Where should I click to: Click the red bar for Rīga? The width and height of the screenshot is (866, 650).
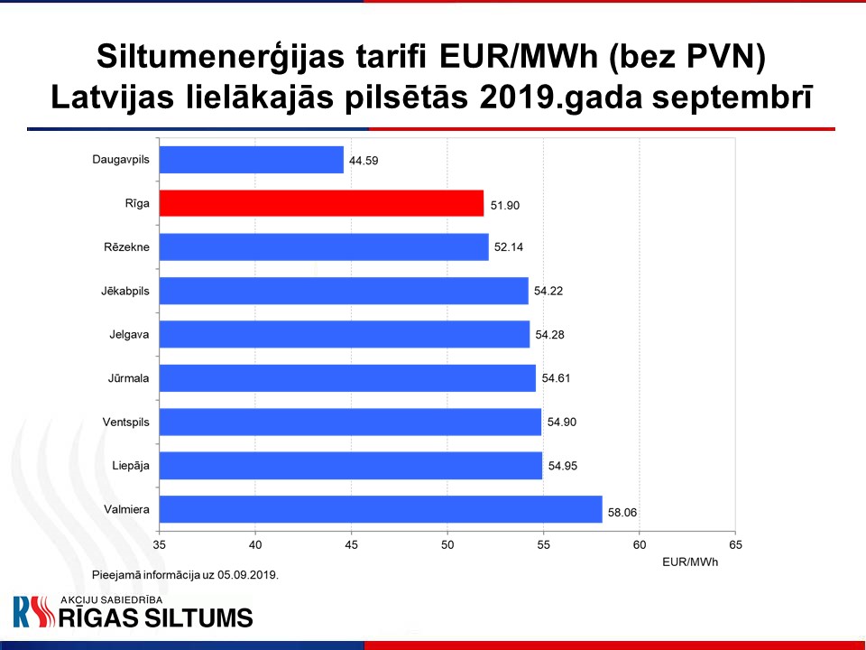click(x=321, y=203)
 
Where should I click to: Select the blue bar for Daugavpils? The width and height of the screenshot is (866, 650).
click(x=252, y=160)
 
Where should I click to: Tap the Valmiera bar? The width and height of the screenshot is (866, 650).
click(x=381, y=509)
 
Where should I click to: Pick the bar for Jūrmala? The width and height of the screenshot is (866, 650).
click(x=347, y=378)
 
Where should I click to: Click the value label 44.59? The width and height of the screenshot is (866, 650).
click(x=364, y=161)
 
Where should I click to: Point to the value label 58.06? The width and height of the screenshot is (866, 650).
click(x=622, y=513)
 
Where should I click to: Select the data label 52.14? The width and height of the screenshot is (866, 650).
click(x=508, y=247)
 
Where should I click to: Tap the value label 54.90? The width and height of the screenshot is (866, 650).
click(x=562, y=422)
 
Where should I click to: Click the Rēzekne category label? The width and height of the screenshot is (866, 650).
click(x=126, y=247)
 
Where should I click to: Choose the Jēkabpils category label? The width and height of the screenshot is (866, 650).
click(x=124, y=291)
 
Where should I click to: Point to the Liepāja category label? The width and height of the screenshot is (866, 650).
click(x=130, y=466)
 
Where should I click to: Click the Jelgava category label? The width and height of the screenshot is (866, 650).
click(x=129, y=334)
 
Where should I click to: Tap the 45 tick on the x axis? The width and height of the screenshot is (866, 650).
click(x=351, y=545)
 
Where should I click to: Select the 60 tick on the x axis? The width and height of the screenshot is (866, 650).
click(x=639, y=545)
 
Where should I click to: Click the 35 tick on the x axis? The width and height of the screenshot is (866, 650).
click(x=159, y=545)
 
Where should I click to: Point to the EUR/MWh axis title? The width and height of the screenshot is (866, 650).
click(x=690, y=562)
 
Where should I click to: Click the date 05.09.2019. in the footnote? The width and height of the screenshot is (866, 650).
click(x=248, y=575)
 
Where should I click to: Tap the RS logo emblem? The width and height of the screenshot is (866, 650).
click(x=34, y=612)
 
